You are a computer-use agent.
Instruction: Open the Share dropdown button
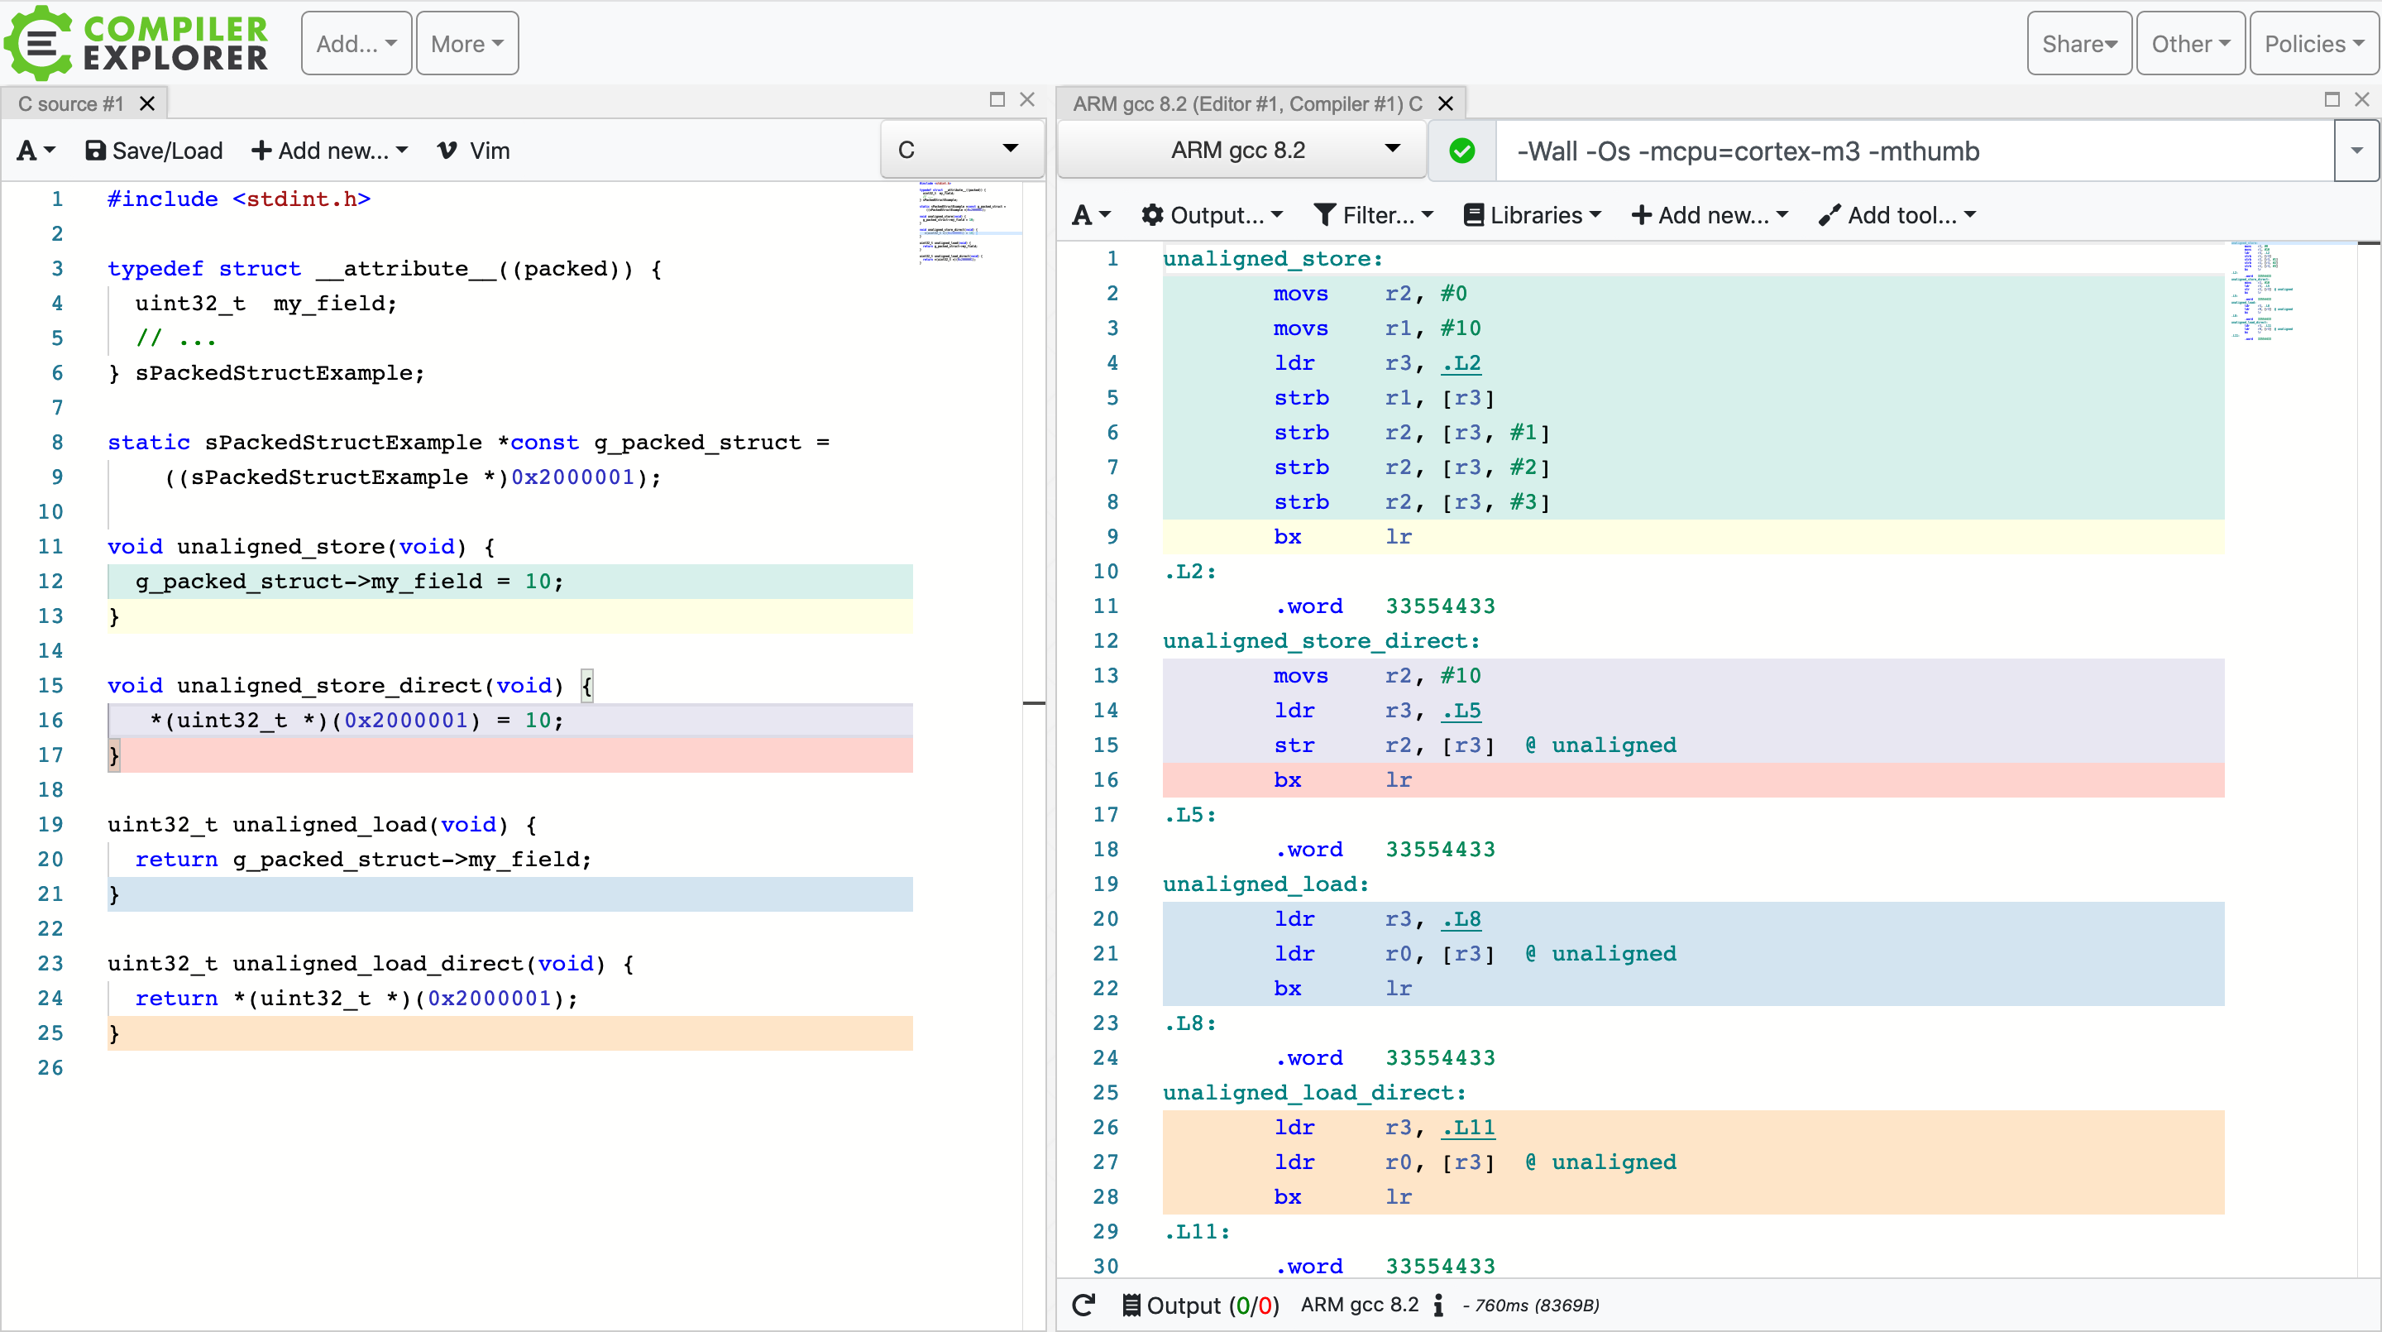coord(2078,44)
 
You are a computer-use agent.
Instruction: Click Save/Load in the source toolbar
coord(154,151)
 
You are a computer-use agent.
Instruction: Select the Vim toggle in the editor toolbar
coord(473,151)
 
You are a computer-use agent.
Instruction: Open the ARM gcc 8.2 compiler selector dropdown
coord(1240,151)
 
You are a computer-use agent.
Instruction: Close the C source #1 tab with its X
coord(147,103)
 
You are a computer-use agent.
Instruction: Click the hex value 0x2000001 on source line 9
coord(572,477)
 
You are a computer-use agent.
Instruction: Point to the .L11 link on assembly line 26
coord(1467,1128)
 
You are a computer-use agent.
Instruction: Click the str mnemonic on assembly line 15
coord(1294,745)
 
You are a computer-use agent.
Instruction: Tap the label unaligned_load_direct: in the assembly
coord(1314,1092)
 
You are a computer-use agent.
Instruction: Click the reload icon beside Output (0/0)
coord(1083,1306)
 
